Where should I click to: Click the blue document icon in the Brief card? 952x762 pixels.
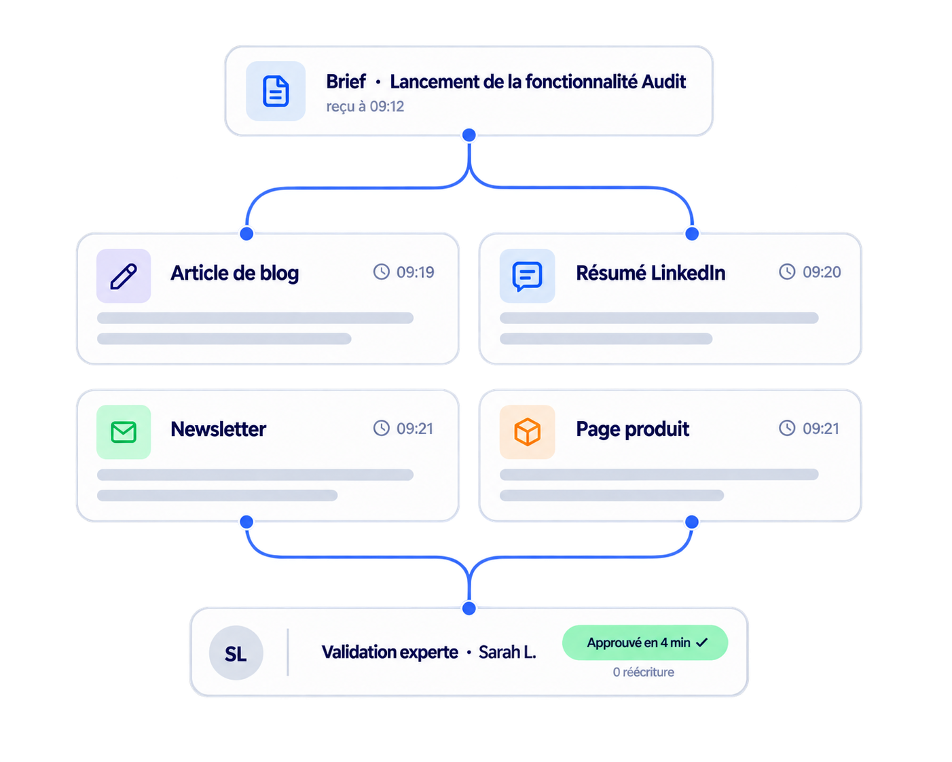(x=276, y=91)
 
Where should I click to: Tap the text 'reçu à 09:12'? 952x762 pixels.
(x=365, y=107)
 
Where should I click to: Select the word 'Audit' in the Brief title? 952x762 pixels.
(x=663, y=82)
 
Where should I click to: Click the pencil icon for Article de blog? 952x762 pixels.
(x=124, y=276)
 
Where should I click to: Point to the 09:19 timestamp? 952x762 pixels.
(x=415, y=272)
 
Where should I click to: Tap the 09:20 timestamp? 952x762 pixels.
(x=822, y=272)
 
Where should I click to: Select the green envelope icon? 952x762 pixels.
(x=124, y=432)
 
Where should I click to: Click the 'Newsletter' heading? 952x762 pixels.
(x=219, y=429)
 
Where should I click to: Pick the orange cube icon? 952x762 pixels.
(x=527, y=432)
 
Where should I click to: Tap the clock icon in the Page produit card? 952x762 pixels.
(x=787, y=428)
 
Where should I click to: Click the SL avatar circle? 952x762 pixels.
(x=236, y=653)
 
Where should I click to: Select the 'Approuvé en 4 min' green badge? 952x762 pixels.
(x=645, y=642)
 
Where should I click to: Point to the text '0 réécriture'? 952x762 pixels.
(x=643, y=672)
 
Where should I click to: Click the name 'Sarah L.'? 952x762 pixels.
(x=507, y=652)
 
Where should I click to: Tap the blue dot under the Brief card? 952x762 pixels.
(x=469, y=135)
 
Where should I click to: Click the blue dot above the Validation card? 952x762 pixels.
(x=469, y=609)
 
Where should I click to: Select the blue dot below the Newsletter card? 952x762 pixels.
(x=246, y=522)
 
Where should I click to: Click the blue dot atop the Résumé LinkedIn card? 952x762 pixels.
(x=692, y=234)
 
